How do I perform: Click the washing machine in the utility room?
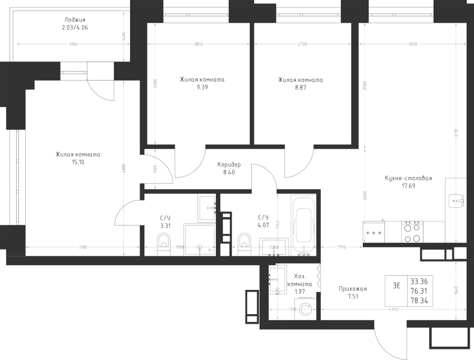tap(305, 309)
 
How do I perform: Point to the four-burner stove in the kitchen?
tap(412, 232)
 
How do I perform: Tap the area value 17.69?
tap(408, 186)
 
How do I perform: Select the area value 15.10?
tap(77, 163)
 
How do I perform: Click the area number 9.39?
tap(202, 88)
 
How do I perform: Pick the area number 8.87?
tap(300, 88)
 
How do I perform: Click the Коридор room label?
tap(229, 164)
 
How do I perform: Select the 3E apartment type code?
tap(397, 286)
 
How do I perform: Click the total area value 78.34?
tap(419, 299)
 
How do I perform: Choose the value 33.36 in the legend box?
tap(419, 281)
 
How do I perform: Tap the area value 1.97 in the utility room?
tap(299, 291)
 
